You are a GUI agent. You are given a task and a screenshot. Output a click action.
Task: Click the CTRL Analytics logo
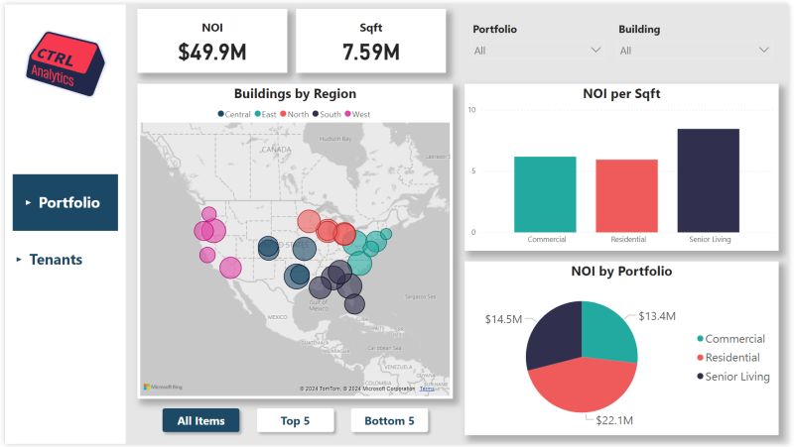65,62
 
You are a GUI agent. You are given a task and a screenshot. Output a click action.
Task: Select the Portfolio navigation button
66,203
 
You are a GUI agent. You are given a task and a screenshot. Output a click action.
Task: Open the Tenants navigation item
56,260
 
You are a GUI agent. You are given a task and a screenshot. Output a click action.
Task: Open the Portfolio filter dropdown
537,50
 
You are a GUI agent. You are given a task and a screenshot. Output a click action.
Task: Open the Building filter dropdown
694,50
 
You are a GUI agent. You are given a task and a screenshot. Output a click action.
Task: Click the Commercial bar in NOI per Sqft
545,194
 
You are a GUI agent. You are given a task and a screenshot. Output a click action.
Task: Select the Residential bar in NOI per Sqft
626,196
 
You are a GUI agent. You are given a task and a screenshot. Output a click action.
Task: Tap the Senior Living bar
708,180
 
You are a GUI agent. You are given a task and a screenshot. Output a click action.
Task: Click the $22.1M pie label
613,421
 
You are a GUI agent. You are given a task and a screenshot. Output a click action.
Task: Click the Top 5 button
295,421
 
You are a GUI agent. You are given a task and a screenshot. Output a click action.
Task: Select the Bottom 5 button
389,421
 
